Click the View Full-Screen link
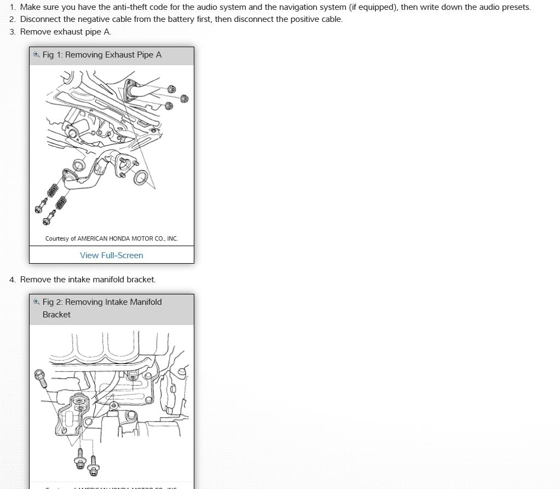click(111, 255)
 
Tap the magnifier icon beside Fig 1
click(37, 54)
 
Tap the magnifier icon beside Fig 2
click(37, 302)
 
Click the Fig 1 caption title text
click(102, 55)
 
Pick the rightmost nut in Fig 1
click(184, 99)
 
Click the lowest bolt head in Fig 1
click(46, 221)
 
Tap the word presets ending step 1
click(515, 7)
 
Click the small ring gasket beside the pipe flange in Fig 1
click(79, 164)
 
